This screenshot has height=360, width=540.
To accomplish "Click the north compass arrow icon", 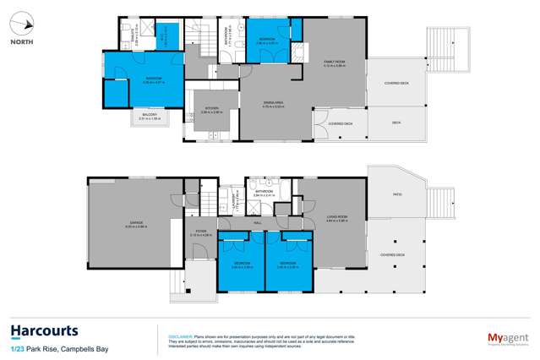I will [x=22, y=25].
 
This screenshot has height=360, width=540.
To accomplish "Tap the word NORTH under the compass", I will [x=22, y=41].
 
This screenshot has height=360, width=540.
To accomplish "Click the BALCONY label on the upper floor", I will [x=149, y=115].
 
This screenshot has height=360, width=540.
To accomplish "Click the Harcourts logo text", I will [x=44, y=330].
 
